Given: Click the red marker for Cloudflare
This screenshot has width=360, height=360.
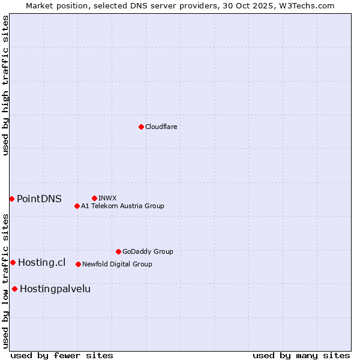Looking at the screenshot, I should coord(141,127).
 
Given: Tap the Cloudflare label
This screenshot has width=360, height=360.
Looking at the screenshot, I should coord(161,127).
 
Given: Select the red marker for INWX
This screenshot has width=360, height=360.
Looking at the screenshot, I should coord(94,198).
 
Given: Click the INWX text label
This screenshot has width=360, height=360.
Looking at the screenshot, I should coord(107,198).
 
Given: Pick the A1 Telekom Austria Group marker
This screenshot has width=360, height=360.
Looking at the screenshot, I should coord(77,206).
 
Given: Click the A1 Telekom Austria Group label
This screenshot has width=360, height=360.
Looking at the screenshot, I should coord(122,206).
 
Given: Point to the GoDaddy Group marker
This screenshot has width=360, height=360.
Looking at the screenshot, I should coord(118,251).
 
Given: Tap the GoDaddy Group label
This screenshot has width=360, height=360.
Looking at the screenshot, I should coord(148,251).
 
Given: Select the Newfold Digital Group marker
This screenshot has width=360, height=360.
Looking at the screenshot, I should coord(78,264).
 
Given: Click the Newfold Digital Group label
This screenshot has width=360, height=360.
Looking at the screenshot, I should coord(117,264).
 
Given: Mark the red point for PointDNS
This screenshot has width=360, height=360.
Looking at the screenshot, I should coord(11,199).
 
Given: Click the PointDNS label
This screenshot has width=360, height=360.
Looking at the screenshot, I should coord(39,199).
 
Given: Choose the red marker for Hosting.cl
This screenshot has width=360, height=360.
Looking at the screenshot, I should coord(13,262).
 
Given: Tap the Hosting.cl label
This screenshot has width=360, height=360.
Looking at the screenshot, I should coord(41,262).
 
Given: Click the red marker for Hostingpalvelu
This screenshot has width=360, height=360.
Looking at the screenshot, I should coord(14,289).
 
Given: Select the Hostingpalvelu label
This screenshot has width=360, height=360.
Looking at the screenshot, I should coord(55,289).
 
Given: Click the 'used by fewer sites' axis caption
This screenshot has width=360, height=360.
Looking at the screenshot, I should coord(62,355).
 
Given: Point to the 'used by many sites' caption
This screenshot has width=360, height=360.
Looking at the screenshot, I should coord(301,355).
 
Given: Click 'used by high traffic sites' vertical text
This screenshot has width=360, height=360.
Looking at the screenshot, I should coord(5,85).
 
